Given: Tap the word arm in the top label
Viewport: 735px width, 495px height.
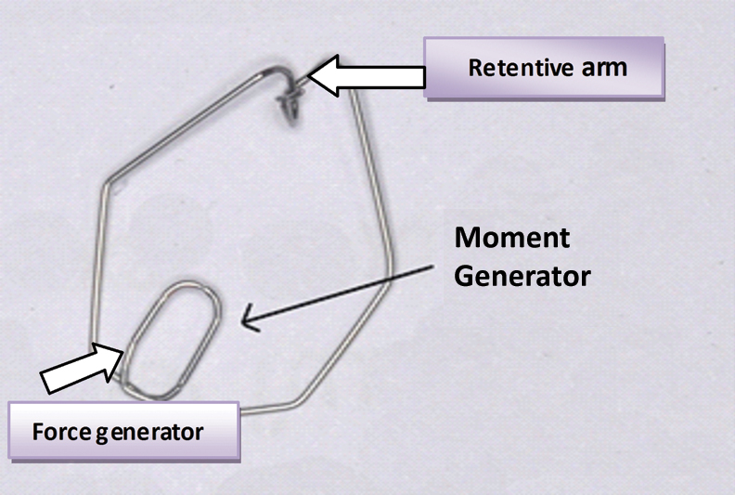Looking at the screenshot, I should (x=605, y=68).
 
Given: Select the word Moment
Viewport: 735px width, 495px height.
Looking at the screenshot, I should (x=512, y=238).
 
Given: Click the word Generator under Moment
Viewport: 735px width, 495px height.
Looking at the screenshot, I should (x=522, y=276).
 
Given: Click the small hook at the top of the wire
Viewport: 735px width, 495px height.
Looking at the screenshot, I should (x=290, y=100).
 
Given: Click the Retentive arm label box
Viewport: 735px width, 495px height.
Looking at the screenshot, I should (x=544, y=68).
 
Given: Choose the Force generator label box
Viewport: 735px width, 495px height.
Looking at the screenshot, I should (x=122, y=432).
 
